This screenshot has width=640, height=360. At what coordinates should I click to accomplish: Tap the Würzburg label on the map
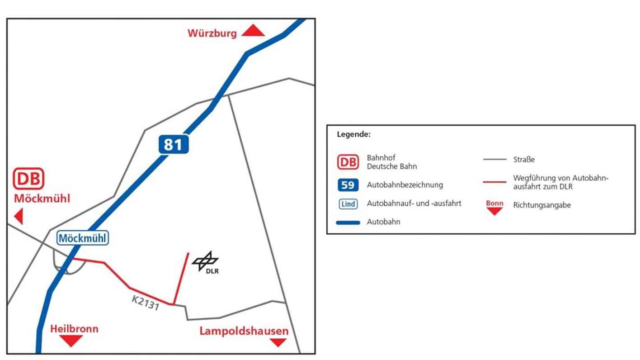pyautogui.click(x=212, y=33)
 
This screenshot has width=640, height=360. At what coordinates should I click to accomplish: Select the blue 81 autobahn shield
pyautogui.click(x=173, y=144)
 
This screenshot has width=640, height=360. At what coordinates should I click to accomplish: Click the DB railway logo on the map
pyautogui.click(x=29, y=179)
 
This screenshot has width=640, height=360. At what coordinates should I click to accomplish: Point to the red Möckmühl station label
pyautogui.click(x=42, y=199)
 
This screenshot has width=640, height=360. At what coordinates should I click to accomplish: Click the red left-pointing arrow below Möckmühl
pyautogui.click(x=19, y=216)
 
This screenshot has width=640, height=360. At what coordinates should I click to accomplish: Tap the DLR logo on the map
pyautogui.click(x=206, y=262)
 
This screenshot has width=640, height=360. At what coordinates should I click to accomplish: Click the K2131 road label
pyautogui.click(x=146, y=303)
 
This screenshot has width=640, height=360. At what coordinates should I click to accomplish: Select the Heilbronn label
pyautogui.click(x=74, y=329)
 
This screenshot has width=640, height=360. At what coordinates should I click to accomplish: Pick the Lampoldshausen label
pyautogui.click(x=244, y=331)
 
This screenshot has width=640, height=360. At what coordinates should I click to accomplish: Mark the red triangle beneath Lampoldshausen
pyautogui.click(x=278, y=342)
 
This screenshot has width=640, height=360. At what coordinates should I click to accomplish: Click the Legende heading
pyautogui.click(x=353, y=134)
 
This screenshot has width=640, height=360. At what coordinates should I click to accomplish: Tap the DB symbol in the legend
pyautogui.click(x=348, y=162)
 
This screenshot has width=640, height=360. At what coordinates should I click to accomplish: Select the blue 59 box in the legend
pyautogui.click(x=348, y=185)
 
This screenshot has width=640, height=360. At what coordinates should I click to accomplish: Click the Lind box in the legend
pyautogui.click(x=348, y=204)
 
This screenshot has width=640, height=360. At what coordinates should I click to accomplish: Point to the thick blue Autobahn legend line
pyautogui.click(x=348, y=223)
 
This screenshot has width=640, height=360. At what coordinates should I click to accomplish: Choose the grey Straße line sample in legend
pyautogui.click(x=494, y=160)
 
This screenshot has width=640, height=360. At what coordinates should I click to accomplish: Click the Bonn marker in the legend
pyautogui.click(x=494, y=207)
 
